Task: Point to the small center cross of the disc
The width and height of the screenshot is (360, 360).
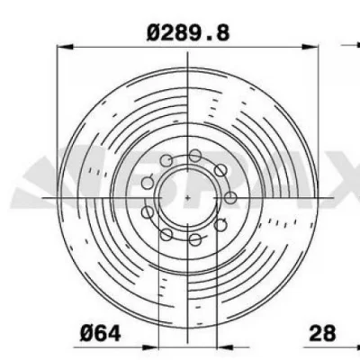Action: point(186,195)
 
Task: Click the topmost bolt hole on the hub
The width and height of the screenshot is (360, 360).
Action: point(193,157)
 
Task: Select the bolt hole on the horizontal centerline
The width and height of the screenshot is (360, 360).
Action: point(230,196)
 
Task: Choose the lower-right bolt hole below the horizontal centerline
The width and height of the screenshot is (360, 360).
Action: point(219,224)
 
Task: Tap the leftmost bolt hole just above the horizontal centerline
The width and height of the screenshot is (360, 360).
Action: point(148,183)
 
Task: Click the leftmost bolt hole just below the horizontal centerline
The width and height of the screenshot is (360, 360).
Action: point(148,213)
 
